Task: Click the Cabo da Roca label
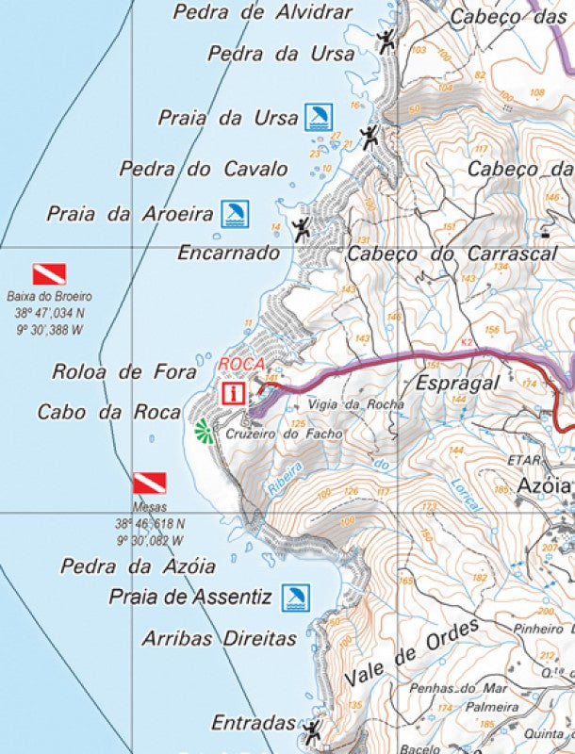tap(108, 412)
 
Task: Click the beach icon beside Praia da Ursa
tap(318, 117)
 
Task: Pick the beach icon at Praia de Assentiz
tap(296, 597)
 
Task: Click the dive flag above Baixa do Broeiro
tap(49, 274)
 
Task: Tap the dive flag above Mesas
tap(149, 484)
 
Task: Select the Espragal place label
tap(457, 384)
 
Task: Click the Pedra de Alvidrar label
tap(263, 12)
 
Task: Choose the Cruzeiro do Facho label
tap(271, 434)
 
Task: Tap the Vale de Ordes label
tap(412, 653)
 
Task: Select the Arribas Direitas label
tap(220, 638)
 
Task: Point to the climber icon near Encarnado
tap(301, 228)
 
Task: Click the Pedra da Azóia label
tap(138, 566)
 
